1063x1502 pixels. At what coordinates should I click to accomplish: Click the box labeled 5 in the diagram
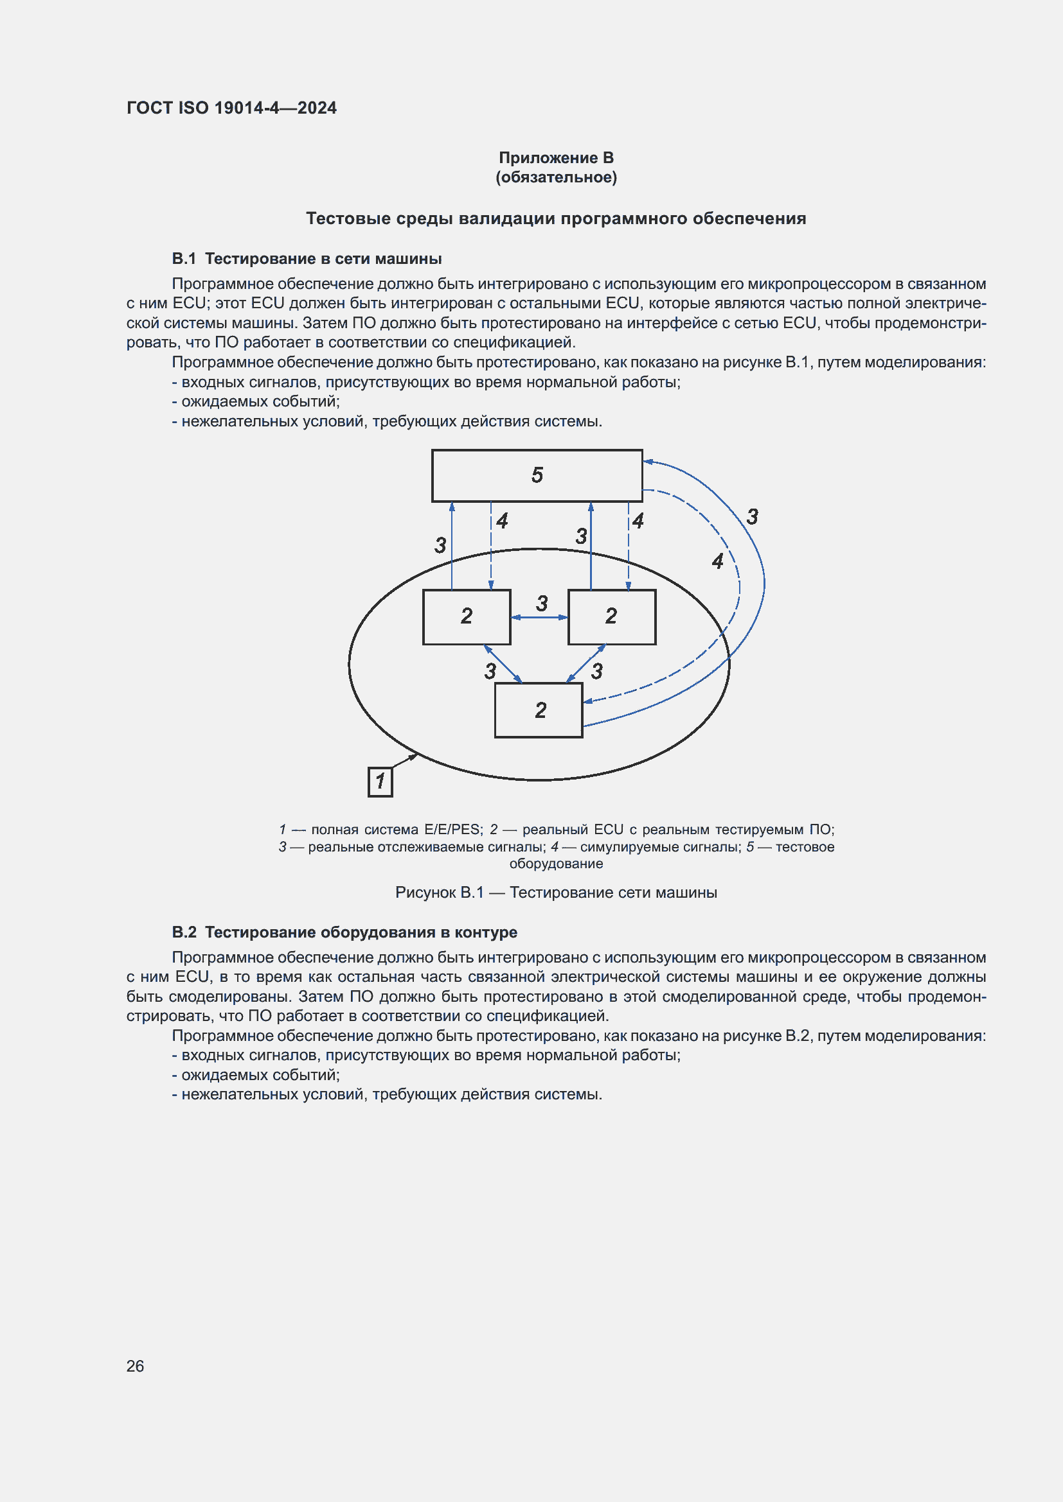(537, 476)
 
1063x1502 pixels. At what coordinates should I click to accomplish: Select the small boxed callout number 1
(380, 781)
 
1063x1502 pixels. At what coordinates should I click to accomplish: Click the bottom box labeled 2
(539, 710)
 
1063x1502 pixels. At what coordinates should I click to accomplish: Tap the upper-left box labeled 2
(467, 617)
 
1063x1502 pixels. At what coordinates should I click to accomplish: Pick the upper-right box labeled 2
(612, 617)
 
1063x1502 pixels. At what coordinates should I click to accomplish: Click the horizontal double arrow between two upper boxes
(539, 617)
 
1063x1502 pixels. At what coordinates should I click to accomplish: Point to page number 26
(135, 1366)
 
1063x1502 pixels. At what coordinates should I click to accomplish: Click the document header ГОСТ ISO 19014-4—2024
(232, 108)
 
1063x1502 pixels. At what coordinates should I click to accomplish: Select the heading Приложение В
(556, 158)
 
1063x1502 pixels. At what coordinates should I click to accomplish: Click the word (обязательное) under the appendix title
(556, 177)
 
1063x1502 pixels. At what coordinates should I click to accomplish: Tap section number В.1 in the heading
(184, 258)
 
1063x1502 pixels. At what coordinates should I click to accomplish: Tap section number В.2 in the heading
(184, 932)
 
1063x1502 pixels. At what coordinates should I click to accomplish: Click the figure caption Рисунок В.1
(439, 893)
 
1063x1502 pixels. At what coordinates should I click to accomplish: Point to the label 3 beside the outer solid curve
(753, 517)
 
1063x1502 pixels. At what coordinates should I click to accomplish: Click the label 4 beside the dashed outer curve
(718, 561)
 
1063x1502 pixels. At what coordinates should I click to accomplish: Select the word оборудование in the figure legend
(556, 864)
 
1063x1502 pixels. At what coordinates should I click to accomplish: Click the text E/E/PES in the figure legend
(452, 830)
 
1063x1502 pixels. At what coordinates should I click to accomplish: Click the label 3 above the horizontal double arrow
(542, 603)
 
